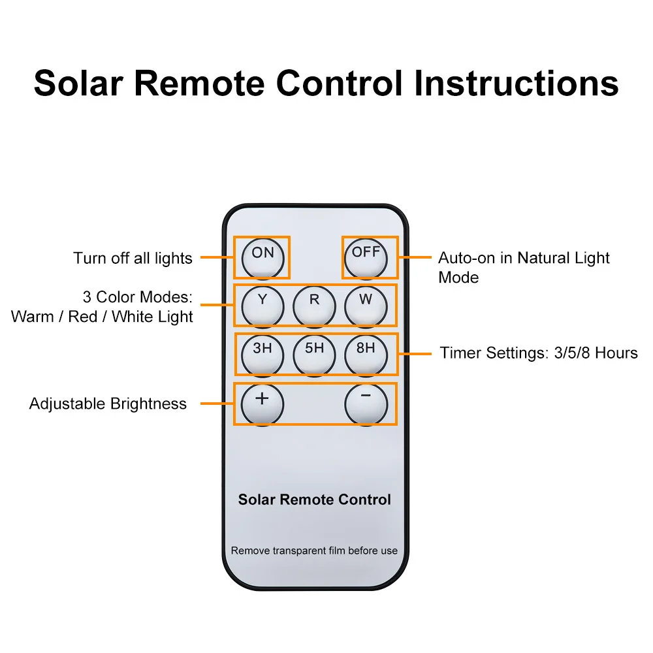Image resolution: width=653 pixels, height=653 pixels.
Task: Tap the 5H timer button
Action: (314, 353)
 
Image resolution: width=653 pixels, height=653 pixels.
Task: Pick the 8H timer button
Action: (366, 353)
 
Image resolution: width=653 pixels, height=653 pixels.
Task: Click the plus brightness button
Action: (263, 403)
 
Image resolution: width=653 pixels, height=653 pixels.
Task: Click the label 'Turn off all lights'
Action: (133, 258)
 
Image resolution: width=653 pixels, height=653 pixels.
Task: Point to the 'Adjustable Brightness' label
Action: (108, 404)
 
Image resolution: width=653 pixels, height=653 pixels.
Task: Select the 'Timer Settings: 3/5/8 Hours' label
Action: (539, 353)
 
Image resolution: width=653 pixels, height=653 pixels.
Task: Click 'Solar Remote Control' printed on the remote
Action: (314, 500)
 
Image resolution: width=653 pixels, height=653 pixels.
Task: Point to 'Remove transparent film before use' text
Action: (314, 550)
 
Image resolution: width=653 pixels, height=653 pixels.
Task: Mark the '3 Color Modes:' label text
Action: (138, 297)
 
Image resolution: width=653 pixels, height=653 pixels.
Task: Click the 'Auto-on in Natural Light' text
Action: (524, 258)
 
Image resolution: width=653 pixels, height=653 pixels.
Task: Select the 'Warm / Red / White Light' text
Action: (102, 317)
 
